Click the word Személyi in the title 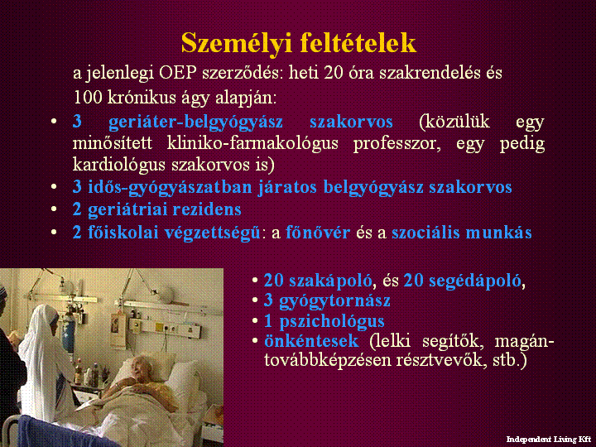pos(237,44)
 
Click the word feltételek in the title pos(358,42)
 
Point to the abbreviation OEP pos(178,72)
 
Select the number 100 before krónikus pos(88,98)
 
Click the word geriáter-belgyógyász pos(195,123)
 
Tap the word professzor pos(397,144)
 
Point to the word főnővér pos(318,233)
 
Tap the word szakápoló pos(330,281)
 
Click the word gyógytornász pos(334,300)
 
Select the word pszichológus pos(332,321)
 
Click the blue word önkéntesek pos(311,341)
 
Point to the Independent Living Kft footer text pos(549,440)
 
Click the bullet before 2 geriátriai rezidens pos(54,209)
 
